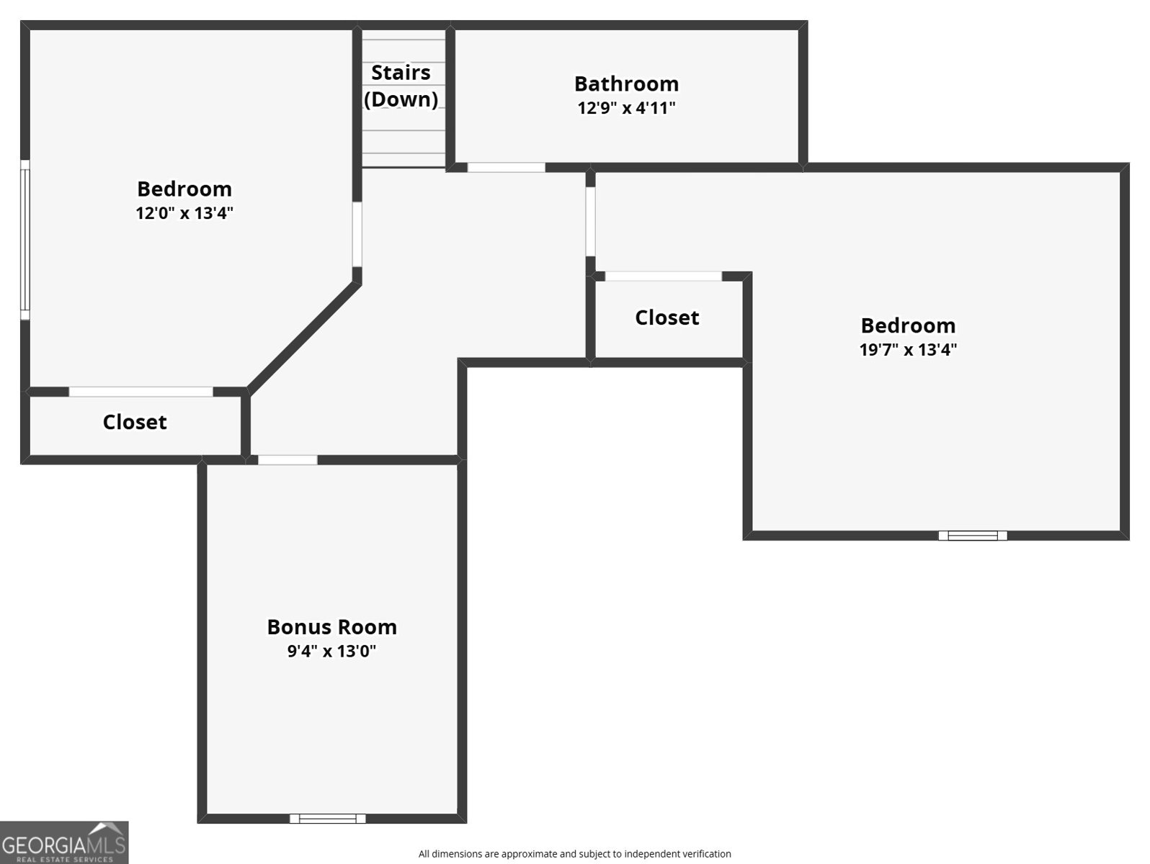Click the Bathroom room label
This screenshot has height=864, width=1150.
tap(626, 84)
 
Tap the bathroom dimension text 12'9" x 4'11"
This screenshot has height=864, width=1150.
tap(626, 108)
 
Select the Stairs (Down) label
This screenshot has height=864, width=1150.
tap(401, 86)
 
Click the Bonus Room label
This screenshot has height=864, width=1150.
tap(331, 627)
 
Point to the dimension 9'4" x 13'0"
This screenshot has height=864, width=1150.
tap(331, 652)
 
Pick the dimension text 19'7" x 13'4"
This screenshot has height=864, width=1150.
tap(908, 350)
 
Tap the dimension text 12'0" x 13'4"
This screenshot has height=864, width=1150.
tap(184, 213)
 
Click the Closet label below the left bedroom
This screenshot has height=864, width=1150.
tap(135, 422)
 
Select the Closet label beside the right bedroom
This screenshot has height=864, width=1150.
tap(667, 318)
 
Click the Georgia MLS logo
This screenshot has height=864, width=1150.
tap(64, 842)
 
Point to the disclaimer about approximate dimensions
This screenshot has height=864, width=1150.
tap(574, 854)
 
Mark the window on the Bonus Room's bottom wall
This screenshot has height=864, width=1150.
tap(328, 818)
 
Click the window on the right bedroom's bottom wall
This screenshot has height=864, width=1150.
tap(972, 535)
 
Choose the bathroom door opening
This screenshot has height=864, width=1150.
tap(506, 168)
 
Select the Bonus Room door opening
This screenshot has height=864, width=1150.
tap(287, 460)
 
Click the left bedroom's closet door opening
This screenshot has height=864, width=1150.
tap(141, 392)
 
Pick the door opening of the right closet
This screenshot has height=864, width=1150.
tap(663, 276)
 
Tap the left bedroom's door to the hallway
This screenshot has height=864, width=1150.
tap(357, 235)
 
